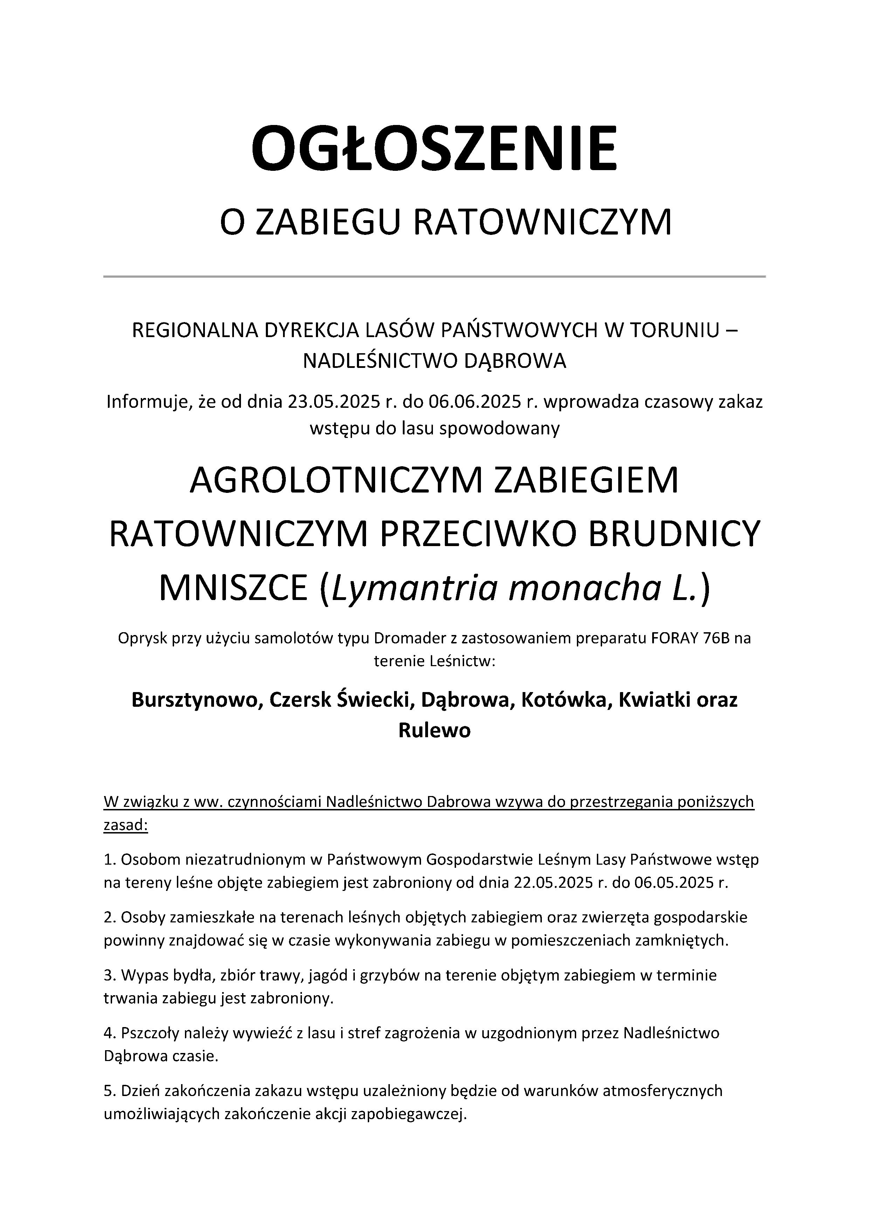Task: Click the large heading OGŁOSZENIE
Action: [x=434, y=148]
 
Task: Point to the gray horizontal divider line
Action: [x=434, y=277]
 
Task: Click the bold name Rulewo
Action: [x=434, y=730]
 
